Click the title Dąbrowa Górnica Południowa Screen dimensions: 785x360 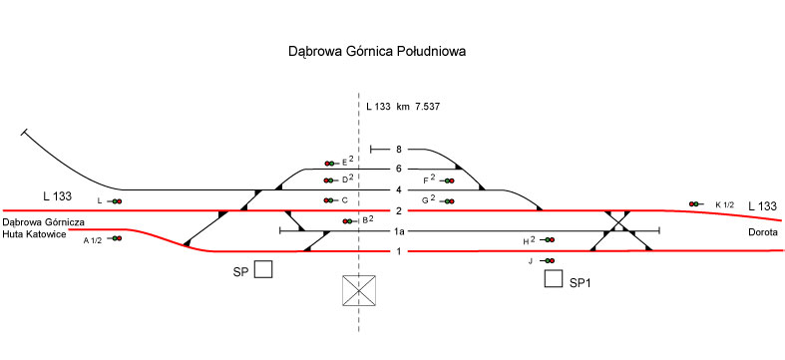coord(377,52)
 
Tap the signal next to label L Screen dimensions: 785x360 coord(115,201)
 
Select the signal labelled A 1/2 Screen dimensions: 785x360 coord(115,238)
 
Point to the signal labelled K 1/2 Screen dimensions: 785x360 coord(696,203)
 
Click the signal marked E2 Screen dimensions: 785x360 coord(332,164)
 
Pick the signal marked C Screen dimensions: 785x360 coord(332,200)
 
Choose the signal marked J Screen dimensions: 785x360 coord(548,260)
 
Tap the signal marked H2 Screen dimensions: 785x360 coord(548,240)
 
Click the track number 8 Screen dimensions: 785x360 coord(399,150)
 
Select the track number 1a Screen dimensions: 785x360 coord(399,231)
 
